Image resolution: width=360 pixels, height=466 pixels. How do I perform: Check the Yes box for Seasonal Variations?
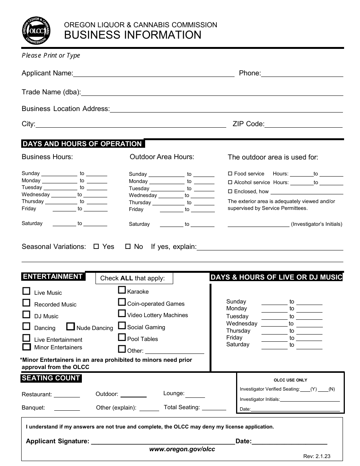point(96,246)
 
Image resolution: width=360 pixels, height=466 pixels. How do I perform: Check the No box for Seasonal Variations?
point(128,246)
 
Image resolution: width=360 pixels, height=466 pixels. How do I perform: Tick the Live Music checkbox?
point(26,291)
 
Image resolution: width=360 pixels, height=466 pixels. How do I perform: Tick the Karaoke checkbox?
point(122,290)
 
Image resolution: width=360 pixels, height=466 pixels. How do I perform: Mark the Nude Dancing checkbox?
point(70,327)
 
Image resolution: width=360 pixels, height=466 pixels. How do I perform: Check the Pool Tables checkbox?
point(122,337)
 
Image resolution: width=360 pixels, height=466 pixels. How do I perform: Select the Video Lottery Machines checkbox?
point(122,314)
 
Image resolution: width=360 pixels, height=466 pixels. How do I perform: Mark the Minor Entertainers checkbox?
point(27,347)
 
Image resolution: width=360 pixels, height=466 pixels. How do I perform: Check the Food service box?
point(230,174)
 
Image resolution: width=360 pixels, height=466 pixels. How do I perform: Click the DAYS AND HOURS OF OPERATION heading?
point(82,144)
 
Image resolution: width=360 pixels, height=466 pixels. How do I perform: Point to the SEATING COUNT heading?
point(51,378)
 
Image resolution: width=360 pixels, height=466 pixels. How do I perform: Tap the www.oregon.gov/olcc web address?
point(182,449)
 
